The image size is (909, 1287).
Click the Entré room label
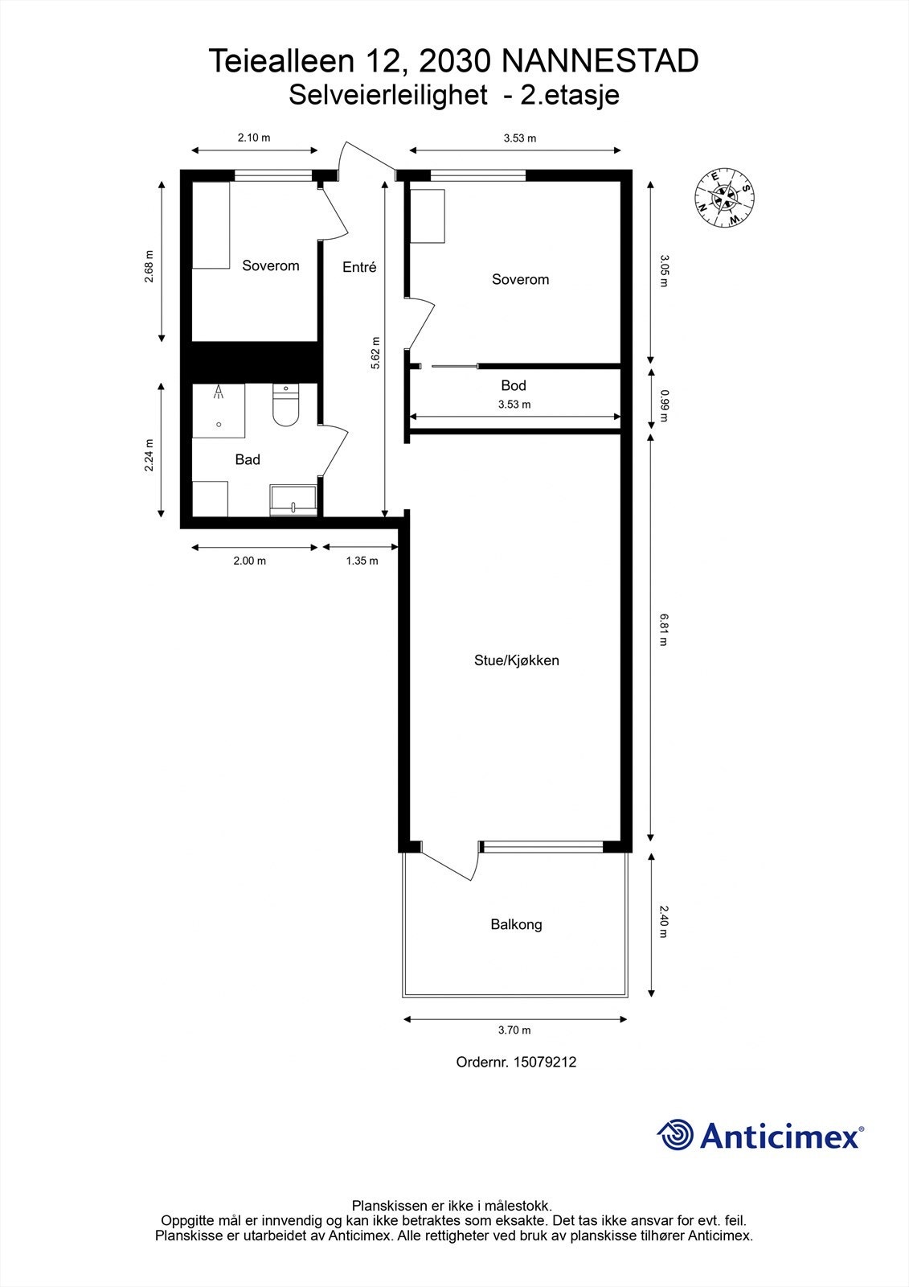359,268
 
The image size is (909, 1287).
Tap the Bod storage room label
513,385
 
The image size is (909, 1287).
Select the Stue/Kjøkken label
516,660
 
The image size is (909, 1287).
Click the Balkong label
516,924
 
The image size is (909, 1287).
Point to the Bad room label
248,459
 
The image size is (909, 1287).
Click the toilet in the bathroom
285,405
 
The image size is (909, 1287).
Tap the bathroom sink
293,500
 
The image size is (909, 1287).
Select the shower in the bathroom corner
218,410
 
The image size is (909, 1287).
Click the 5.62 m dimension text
375,353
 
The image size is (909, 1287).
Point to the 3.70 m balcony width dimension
514,1030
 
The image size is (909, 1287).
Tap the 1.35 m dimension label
362,561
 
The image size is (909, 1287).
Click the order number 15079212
544,1062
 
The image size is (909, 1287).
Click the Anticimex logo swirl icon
676,1136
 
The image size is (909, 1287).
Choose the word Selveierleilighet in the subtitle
387,96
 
